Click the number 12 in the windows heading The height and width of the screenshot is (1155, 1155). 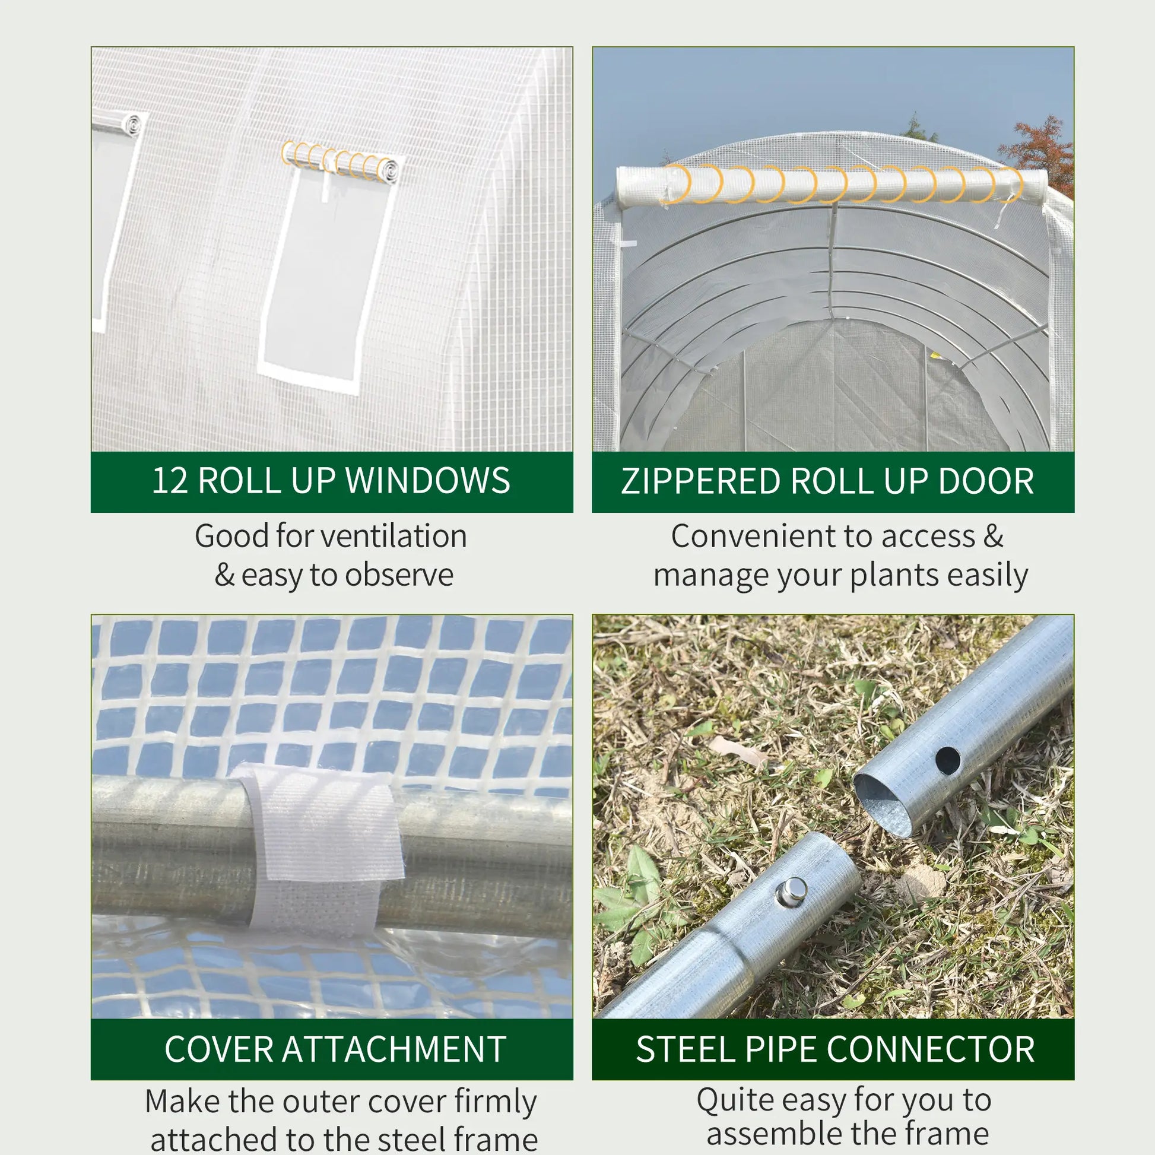(x=170, y=481)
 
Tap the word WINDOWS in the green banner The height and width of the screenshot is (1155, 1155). (x=427, y=481)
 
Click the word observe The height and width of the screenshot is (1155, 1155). (x=399, y=575)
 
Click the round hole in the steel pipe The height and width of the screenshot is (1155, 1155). (x=947, y=761)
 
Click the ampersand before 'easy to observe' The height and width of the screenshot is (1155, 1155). (x=224, y=575)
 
